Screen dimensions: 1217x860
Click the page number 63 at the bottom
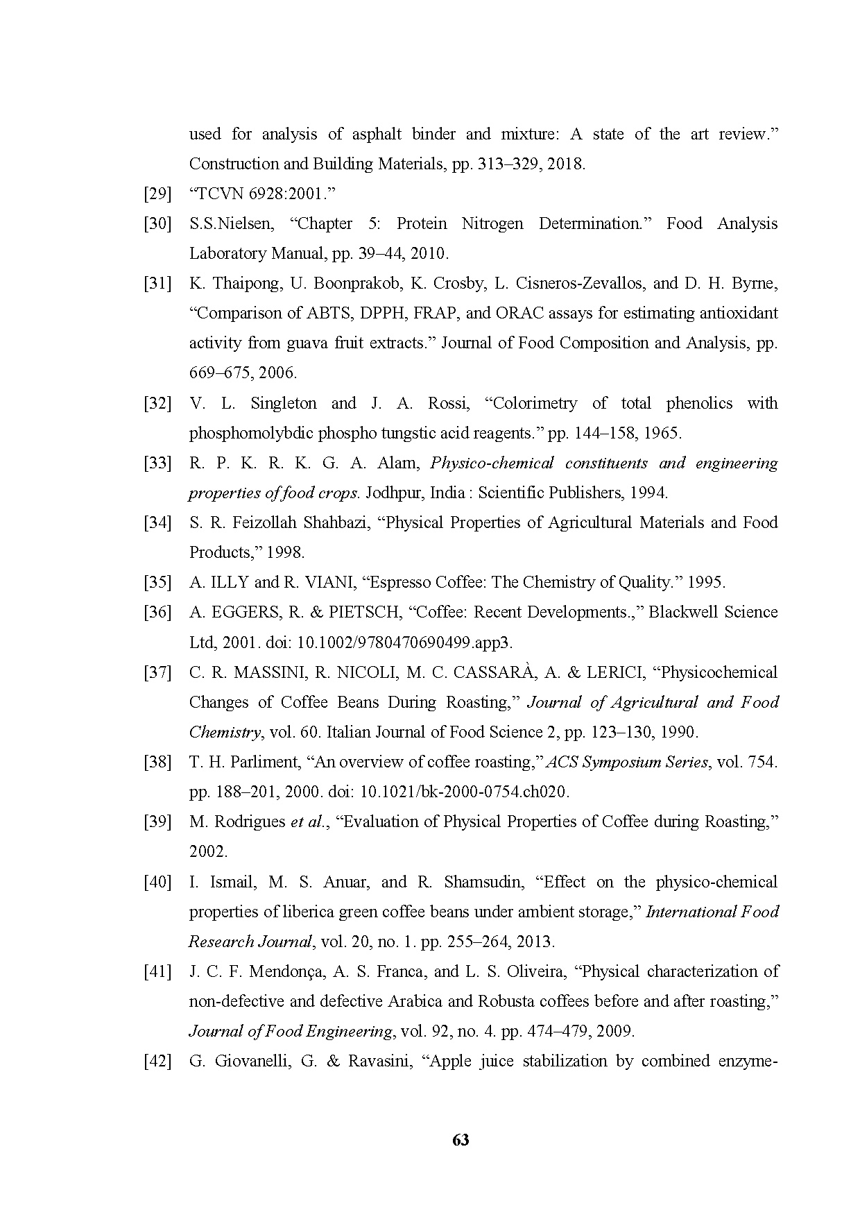pyautogui.click(x=461, y=1140)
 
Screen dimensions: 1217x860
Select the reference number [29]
pyautogui.click(x=157, y=194)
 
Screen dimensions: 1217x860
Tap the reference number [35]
pyautogui.click(x=157, y=582)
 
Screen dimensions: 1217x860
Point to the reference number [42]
pyautogui.click(x=157, y=1061)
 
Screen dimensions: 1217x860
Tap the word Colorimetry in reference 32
pyautogui.click(x=535, y=403)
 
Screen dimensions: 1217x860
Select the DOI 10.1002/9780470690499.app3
pyautogui.click(x=404, y=642)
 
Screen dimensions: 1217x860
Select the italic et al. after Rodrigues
pyautogui.click(x=307, y=822)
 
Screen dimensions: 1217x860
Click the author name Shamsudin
pyautogui.click(x=483, y=882)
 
